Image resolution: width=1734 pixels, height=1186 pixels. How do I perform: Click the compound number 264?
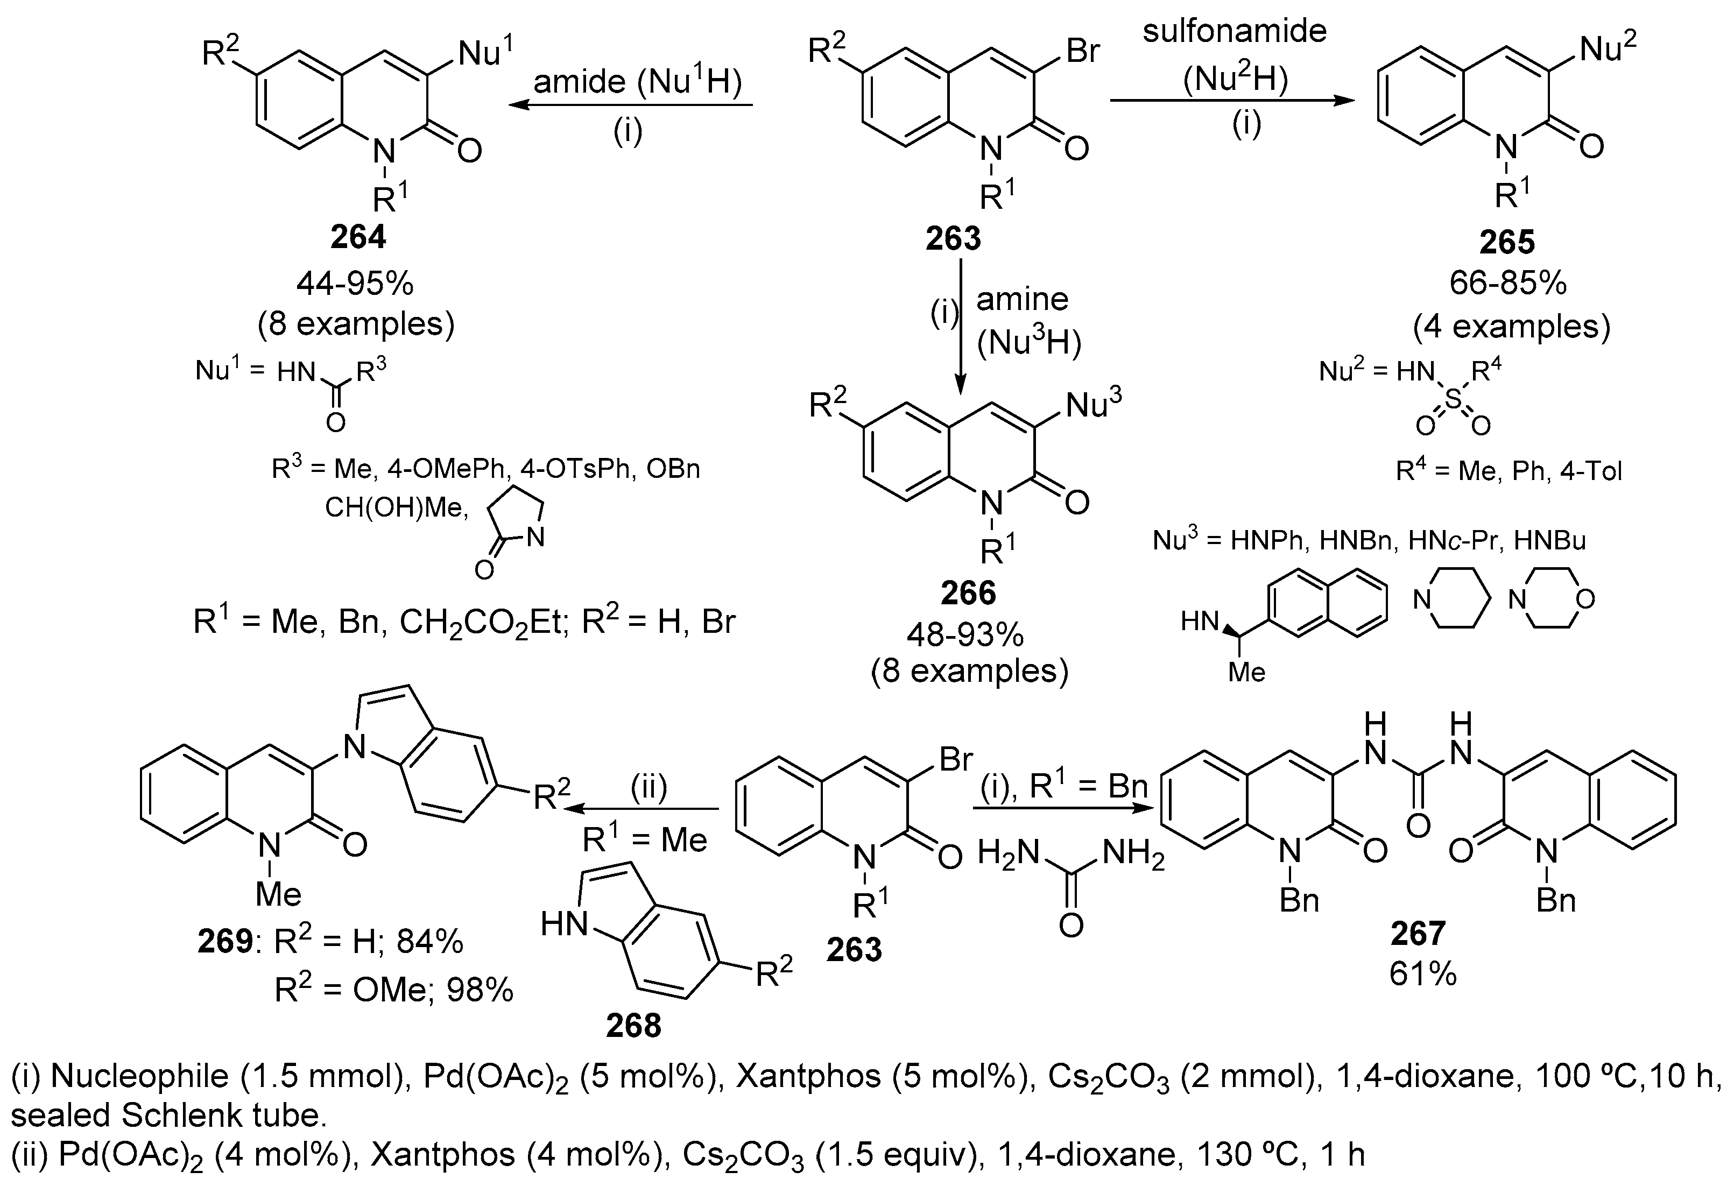pos(358,237)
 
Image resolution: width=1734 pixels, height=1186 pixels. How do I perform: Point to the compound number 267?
pos(1418,933)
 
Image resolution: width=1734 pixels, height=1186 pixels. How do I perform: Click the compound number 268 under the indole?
pos(633,1026)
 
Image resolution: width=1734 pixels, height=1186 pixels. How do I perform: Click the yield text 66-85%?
pos(1508,284)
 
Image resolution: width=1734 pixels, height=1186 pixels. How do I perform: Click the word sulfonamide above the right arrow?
pos(1235,31)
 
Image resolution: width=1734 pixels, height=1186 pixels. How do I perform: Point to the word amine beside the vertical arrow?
pos(1022,299)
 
